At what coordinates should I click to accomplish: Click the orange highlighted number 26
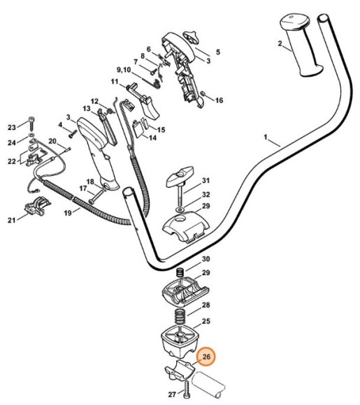[206, 357]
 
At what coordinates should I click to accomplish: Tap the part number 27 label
[172, 394]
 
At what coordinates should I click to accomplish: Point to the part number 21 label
[11, 221]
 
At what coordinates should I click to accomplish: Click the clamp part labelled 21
[38, 205]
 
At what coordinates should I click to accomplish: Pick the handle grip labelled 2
[301, 45]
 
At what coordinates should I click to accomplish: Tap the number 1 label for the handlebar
[266, 137]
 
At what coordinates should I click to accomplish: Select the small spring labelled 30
[180, 273]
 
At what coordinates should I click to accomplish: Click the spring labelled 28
[180, 317]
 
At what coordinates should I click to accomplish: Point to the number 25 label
[206, 321]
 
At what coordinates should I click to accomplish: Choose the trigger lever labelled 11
[144, 101]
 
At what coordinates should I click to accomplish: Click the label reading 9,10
[124, 70]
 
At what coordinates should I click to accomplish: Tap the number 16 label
[219, 101]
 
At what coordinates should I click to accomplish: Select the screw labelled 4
[73, 133]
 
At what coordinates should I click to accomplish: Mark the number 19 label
[68, 213]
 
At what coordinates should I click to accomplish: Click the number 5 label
[218, 52]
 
